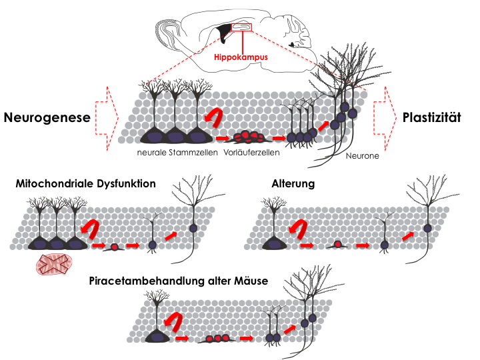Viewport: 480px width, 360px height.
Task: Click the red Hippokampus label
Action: pyautogui.click(x=241, y=57)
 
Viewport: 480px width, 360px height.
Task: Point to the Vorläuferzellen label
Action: pyautogui.click(x=247, y=153)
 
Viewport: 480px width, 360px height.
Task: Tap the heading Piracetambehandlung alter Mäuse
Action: pyautogui.click(x=179, y=281)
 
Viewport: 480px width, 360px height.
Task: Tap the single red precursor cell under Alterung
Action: pyautogui.click(x=338, y=245)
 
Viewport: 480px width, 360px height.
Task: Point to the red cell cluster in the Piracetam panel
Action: pyautogui.click(x=218, y=338)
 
